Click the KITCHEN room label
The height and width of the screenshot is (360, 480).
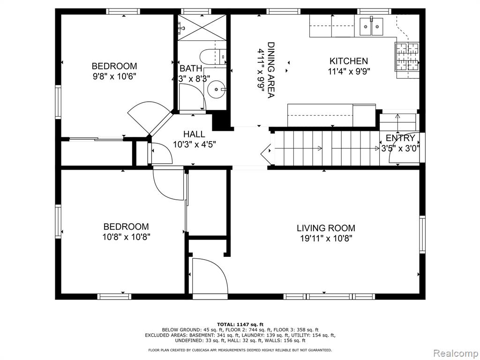click(348, 61)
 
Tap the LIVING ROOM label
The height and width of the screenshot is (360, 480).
click(326, 228)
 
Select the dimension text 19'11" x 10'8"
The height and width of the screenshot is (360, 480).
click(326, 239)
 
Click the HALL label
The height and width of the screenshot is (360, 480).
click(195, 134)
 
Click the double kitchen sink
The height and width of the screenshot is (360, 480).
click(371, 26)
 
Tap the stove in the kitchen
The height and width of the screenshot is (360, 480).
click(407, 57)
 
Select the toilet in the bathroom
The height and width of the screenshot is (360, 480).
click(213, 56)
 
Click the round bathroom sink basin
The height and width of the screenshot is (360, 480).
click(217, 90)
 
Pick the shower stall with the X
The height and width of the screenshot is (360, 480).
click(202, 27)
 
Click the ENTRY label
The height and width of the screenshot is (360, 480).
click(400, 138)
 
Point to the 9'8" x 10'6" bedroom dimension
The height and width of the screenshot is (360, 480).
click(114, 76)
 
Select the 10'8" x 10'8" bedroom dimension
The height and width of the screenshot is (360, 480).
click(126, 237)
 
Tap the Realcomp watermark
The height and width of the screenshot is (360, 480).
click(455, 353)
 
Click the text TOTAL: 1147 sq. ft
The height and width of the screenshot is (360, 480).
click(240, 324)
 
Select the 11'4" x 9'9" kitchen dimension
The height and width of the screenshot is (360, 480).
click(349, 72)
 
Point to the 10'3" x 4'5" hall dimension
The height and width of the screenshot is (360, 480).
click(195, 144)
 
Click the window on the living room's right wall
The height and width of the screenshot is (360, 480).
click(422, 234)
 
